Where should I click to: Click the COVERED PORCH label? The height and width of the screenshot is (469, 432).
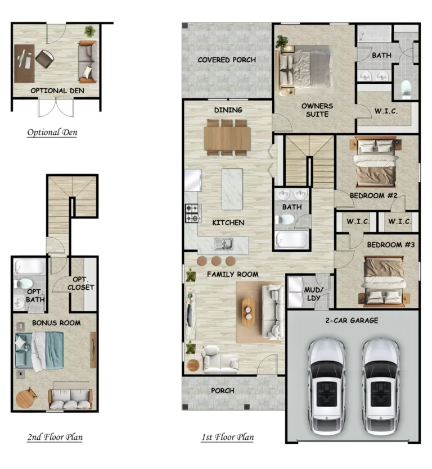227,60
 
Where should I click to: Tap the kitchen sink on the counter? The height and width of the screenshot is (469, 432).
224,244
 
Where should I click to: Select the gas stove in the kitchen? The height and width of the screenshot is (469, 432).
192,213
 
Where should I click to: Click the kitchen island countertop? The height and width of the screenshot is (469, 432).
232,189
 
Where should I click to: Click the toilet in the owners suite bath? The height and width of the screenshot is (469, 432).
406,89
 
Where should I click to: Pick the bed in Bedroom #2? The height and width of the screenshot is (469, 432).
376,162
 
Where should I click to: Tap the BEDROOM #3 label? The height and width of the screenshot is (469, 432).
391,245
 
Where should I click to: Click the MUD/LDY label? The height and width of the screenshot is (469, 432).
314,294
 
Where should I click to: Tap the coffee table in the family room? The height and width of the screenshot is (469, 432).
249,312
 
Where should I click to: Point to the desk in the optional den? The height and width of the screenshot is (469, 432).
24,63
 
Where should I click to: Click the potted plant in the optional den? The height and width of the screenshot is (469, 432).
90,31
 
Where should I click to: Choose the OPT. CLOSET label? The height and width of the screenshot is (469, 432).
81,283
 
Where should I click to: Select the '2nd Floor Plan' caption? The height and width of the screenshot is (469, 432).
55,437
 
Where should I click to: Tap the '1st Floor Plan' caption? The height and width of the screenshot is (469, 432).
228,437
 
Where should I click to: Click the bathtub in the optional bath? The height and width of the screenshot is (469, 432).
30,266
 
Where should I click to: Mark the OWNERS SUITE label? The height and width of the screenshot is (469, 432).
317,110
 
